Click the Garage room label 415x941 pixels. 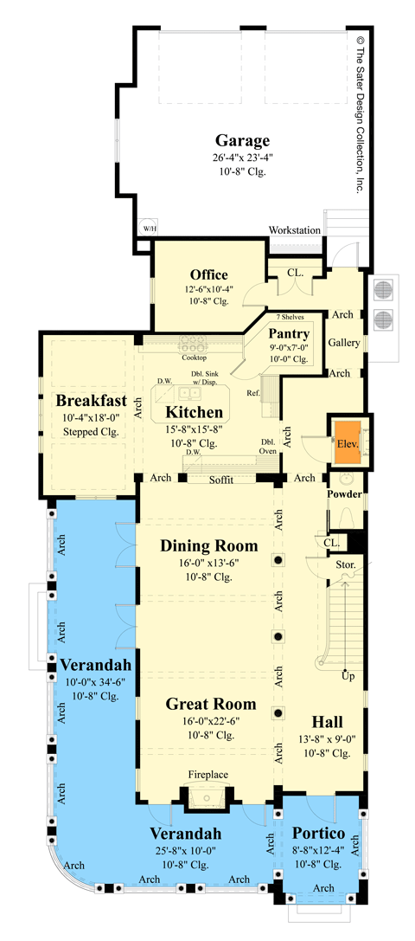pyautogui.click(x=242, y=140)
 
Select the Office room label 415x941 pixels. pyautogui.click(x=208, y=275)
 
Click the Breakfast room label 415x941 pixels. pyautogui.click(x=92, y=401)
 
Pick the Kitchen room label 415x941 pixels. pyautogui.click(x=195, y=412)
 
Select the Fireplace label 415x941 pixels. pyautogui.click(x=207, y=777)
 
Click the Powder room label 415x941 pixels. pyautogui.click(x=344, y=494)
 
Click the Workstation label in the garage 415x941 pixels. pyautogui.click(x=294, y=230)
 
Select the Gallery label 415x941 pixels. pyautogui.click(x=343, y=344)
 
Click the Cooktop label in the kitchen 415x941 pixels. pyautogui.click(x=194, y=357)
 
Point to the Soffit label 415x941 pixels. pyautogui.click(x=222, y=479)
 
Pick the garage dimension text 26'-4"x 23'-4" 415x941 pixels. pyautogui.click(x=242, y=158)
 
